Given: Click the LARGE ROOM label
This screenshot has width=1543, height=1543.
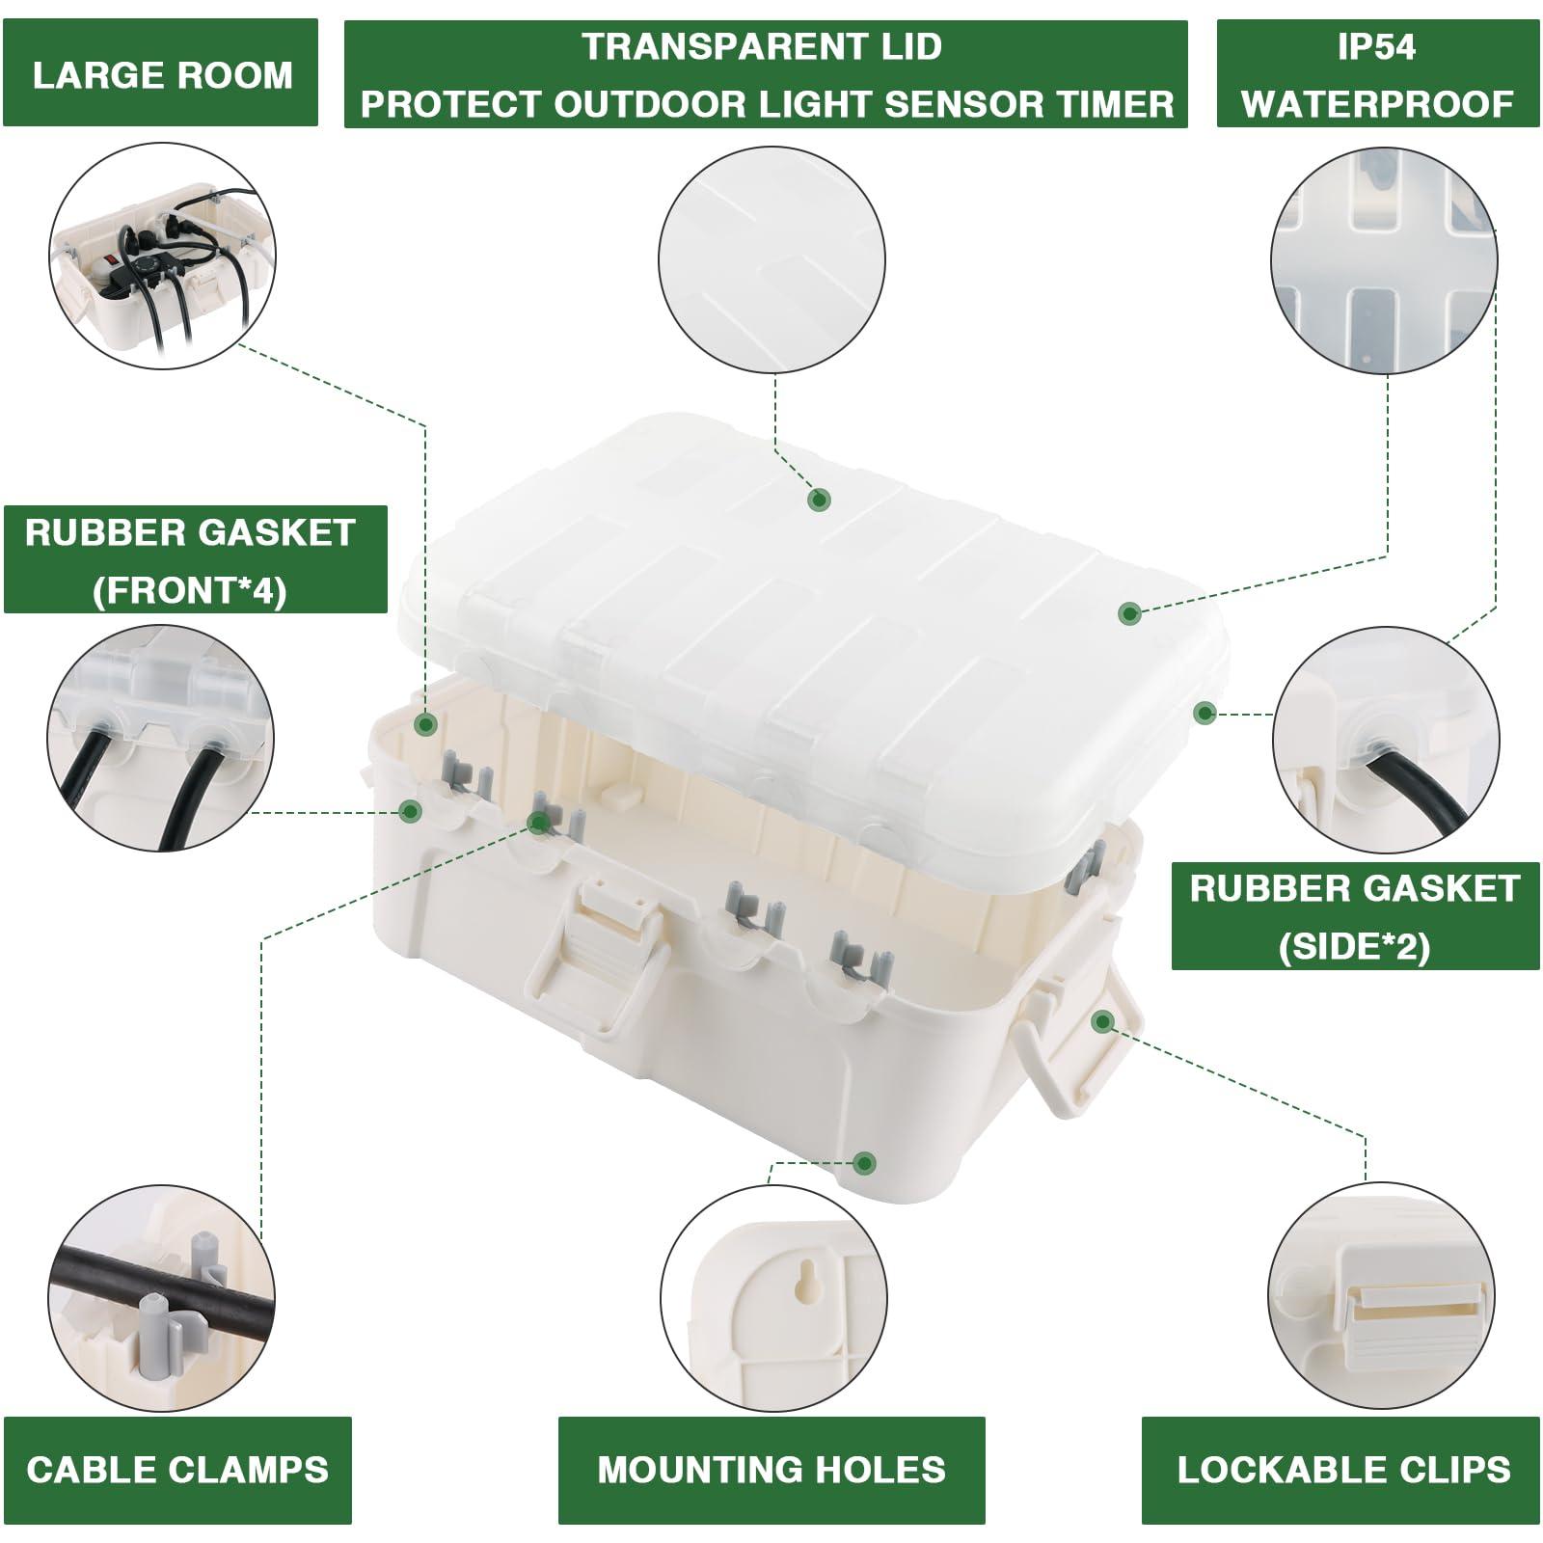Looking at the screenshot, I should coord(161,75).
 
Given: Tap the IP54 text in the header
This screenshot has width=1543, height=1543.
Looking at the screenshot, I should coord(1376,46).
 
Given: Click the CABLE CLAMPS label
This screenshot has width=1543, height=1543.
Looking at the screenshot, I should coord(177,1469).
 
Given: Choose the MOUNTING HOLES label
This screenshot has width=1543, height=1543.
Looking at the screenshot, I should coord(771,1469).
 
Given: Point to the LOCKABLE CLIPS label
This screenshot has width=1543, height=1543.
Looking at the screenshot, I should coord(1343,1469).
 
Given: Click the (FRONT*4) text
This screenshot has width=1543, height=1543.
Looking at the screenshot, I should coord(190,589).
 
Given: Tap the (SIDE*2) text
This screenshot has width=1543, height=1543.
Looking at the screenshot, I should coord(1354,946).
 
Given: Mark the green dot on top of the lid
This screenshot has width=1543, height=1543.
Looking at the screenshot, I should coord(819,500).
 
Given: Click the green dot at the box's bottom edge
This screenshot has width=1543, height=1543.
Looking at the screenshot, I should coord(865,1162).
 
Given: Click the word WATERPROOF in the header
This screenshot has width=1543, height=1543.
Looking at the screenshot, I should coord(1376,103).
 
